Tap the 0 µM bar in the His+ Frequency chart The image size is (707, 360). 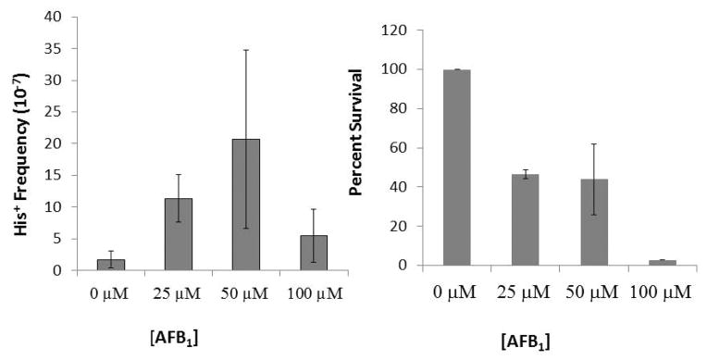coord(111,265)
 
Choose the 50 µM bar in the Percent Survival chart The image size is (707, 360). coord(594,222)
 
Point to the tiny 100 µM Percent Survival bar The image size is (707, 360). coord(663,263)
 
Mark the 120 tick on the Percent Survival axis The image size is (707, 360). coord(400,31)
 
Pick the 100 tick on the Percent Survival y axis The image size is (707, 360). coord(400,69)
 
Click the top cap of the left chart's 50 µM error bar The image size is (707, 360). coord(245,50)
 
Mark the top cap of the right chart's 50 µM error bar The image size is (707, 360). coord(594,143)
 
